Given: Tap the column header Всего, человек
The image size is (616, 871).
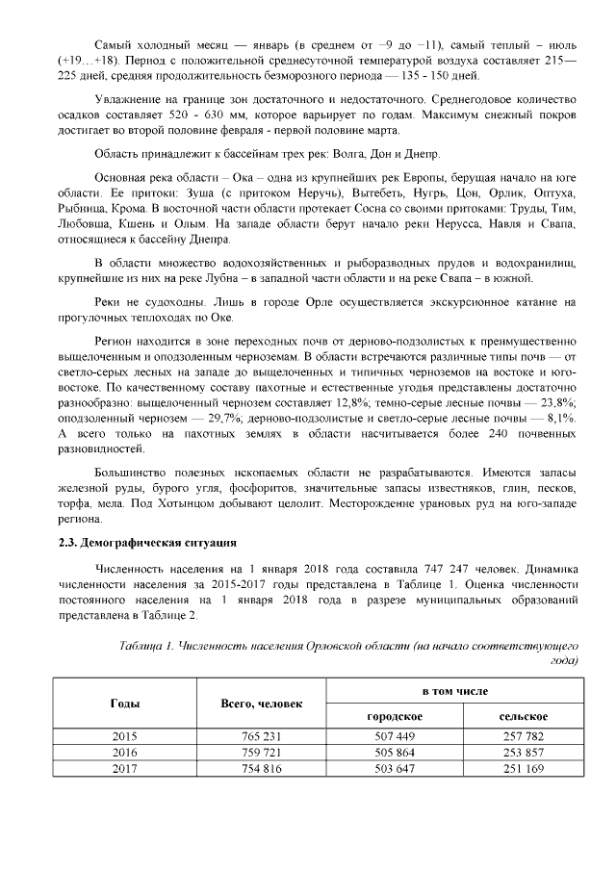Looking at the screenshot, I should (x=261, y=703).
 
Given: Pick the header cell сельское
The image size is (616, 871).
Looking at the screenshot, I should (x=523, y=717).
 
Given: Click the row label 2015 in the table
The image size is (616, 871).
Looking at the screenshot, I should (x=124, y=736).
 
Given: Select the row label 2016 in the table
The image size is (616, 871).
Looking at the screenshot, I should (x=124, y=752).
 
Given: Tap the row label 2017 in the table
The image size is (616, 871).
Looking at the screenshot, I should (x=124, y=767).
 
